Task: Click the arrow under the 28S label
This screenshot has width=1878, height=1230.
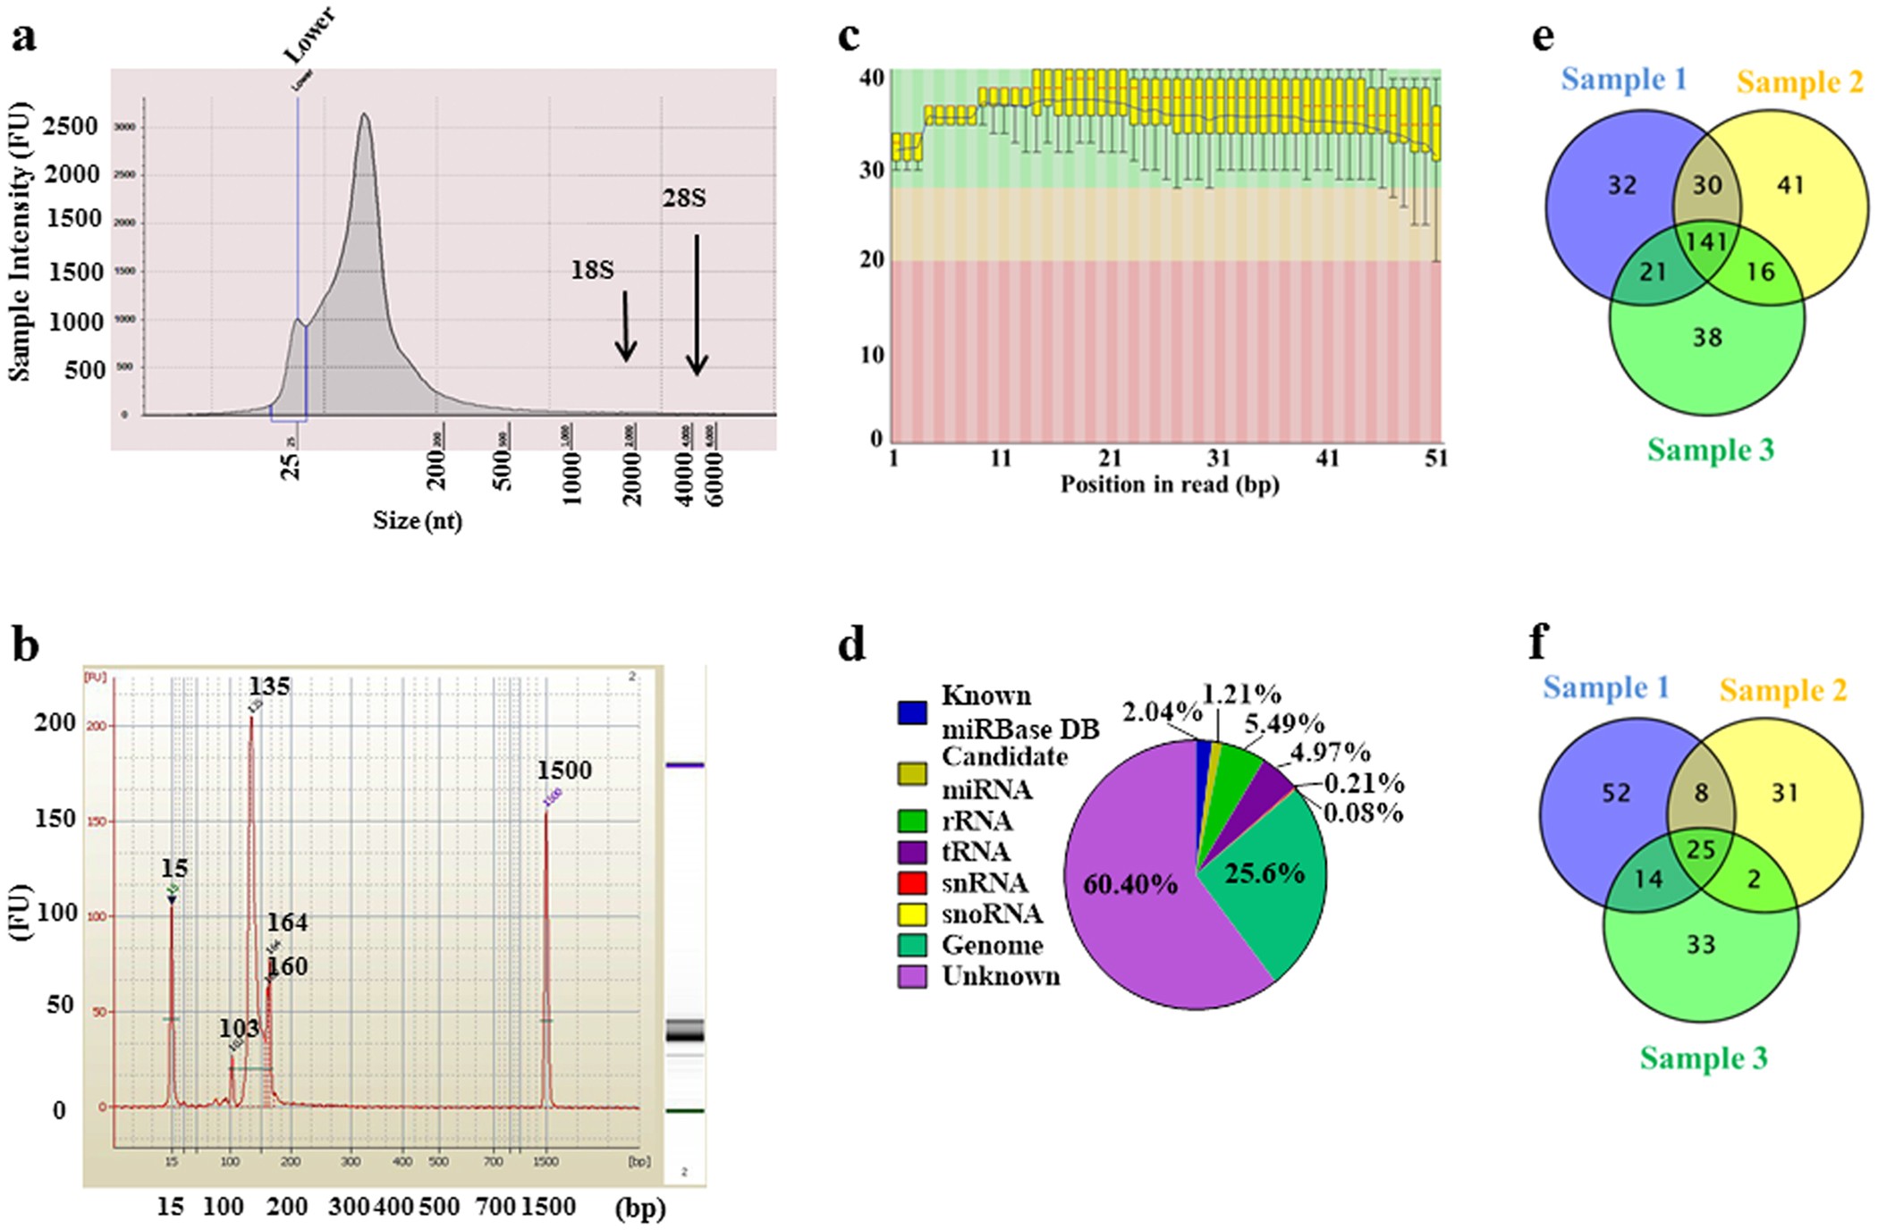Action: (x=697, y=304)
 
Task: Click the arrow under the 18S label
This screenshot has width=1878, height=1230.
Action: (x=626, y=326)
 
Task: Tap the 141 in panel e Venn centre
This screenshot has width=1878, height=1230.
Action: (x=1706, y=242)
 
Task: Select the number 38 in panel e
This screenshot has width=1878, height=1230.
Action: (x=1706, y=338)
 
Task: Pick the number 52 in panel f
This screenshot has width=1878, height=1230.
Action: (x=1616, y=794)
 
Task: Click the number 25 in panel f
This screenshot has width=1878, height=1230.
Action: (x=1700, y=849)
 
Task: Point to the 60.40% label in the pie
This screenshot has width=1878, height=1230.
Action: (x=1130, y=885)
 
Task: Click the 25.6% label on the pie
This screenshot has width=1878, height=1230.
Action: (x=1264, y=873)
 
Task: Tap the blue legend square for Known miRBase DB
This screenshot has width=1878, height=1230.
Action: (x=911, y=712)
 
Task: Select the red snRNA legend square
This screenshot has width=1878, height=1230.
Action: (x=911, y=883)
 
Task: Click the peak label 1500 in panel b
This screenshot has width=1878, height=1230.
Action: (x=563, y=771)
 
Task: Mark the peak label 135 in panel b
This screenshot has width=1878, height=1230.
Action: (x=269, y=687)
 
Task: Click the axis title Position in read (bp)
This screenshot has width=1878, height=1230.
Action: (x=1169, y=484)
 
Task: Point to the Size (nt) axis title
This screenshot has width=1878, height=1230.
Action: (x=418, y=520)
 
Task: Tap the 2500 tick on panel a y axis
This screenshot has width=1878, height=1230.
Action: (x=71, y=126)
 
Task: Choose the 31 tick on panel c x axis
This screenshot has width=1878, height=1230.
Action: (x=1218, y=459)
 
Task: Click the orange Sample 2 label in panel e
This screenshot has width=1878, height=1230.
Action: (x=1799, y=82)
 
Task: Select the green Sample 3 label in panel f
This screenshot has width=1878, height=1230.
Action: (x=1703, y=1058)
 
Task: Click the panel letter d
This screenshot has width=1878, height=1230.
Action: (x=851, y=644)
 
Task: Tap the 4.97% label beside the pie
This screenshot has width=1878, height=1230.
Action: (x=1330, y=752)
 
